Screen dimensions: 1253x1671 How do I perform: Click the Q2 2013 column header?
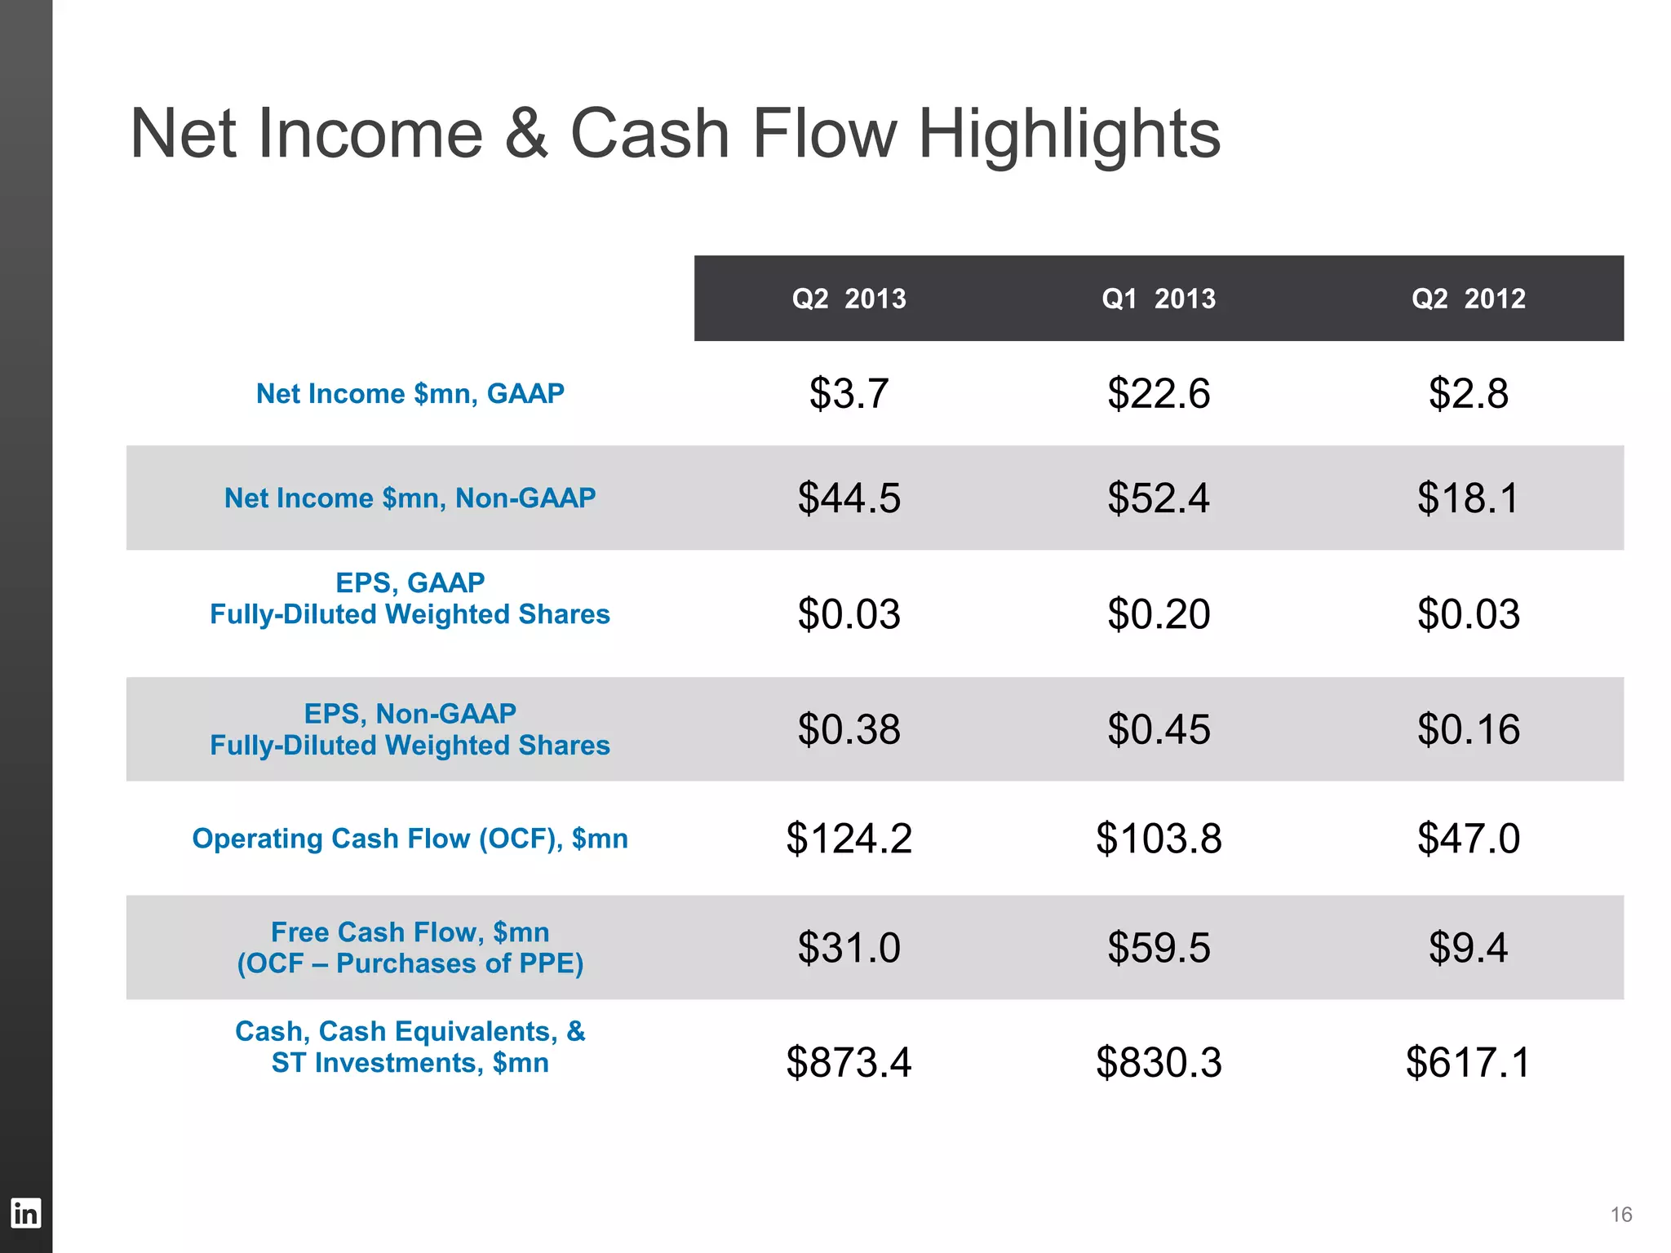849,299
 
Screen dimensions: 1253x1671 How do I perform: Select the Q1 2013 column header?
1159,299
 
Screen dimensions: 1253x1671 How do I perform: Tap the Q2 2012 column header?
1468,299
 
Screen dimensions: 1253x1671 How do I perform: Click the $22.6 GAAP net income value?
1159,394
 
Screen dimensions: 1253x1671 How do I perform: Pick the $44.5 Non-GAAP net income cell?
849,498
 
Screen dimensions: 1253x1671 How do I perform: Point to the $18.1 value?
1468,498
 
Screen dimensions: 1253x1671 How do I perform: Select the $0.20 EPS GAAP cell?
1159,613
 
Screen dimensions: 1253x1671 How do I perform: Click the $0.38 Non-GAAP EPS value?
849,729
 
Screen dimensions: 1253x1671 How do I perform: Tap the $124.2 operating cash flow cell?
849,839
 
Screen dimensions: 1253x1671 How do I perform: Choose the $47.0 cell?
1468,839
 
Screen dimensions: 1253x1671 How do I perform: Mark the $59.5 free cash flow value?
1159,948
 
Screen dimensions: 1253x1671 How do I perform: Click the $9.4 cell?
1468,948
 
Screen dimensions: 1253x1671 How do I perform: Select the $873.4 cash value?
849,1062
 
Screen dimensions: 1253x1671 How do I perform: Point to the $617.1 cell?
1468,1062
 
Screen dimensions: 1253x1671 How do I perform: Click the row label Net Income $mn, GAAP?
410,394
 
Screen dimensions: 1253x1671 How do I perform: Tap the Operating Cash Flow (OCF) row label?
410,839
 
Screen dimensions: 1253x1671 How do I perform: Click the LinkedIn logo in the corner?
25,1213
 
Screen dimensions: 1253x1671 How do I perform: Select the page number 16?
1620,1215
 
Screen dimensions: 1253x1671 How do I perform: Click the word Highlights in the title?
1069,135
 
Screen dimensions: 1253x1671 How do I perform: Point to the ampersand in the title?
526,135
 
